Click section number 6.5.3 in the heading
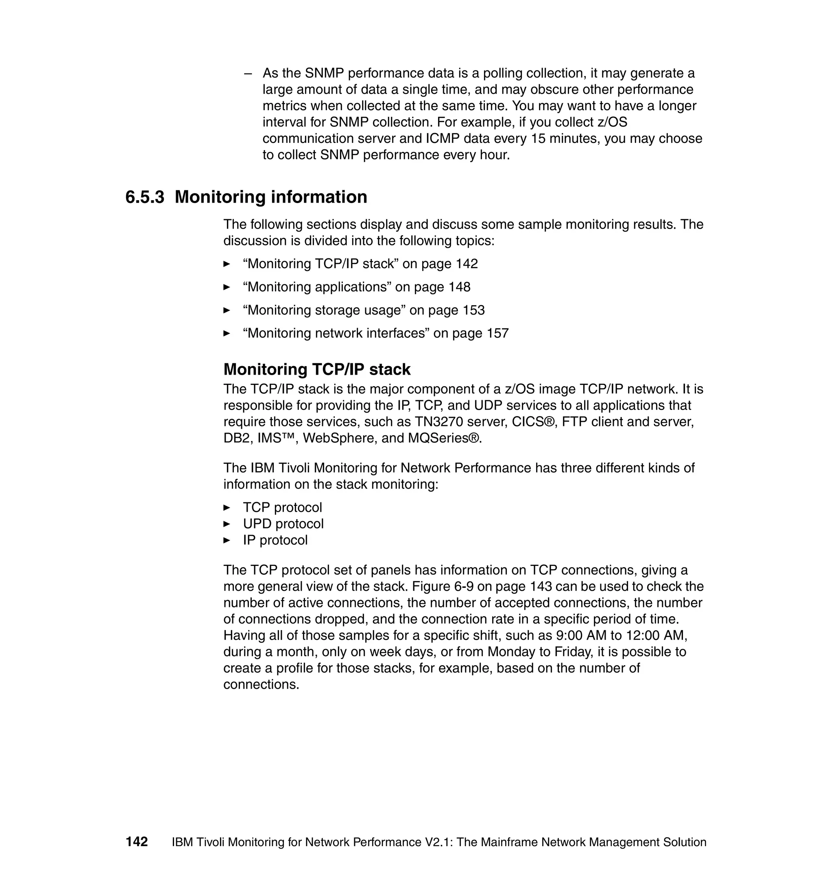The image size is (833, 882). pyautogui.click(x=145, y=197)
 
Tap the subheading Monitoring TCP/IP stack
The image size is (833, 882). pyautogui.click(x=316, y=369)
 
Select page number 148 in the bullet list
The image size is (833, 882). pyautogui.click(x=459, y=287)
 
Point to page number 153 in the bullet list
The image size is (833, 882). pyautogui.click(x=473, y=310)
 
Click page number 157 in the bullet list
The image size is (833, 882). pyautogui.click(x=497, y=333)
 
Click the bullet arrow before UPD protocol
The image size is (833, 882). pyautogui.click(x=227, y=524)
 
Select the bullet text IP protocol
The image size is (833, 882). pyautogui.click(x=275, y=540)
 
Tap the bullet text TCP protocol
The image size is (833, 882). pyautogui.click(x=282, y=508)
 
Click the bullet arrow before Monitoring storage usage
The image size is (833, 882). pyautogui.click(x=227, y=310)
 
